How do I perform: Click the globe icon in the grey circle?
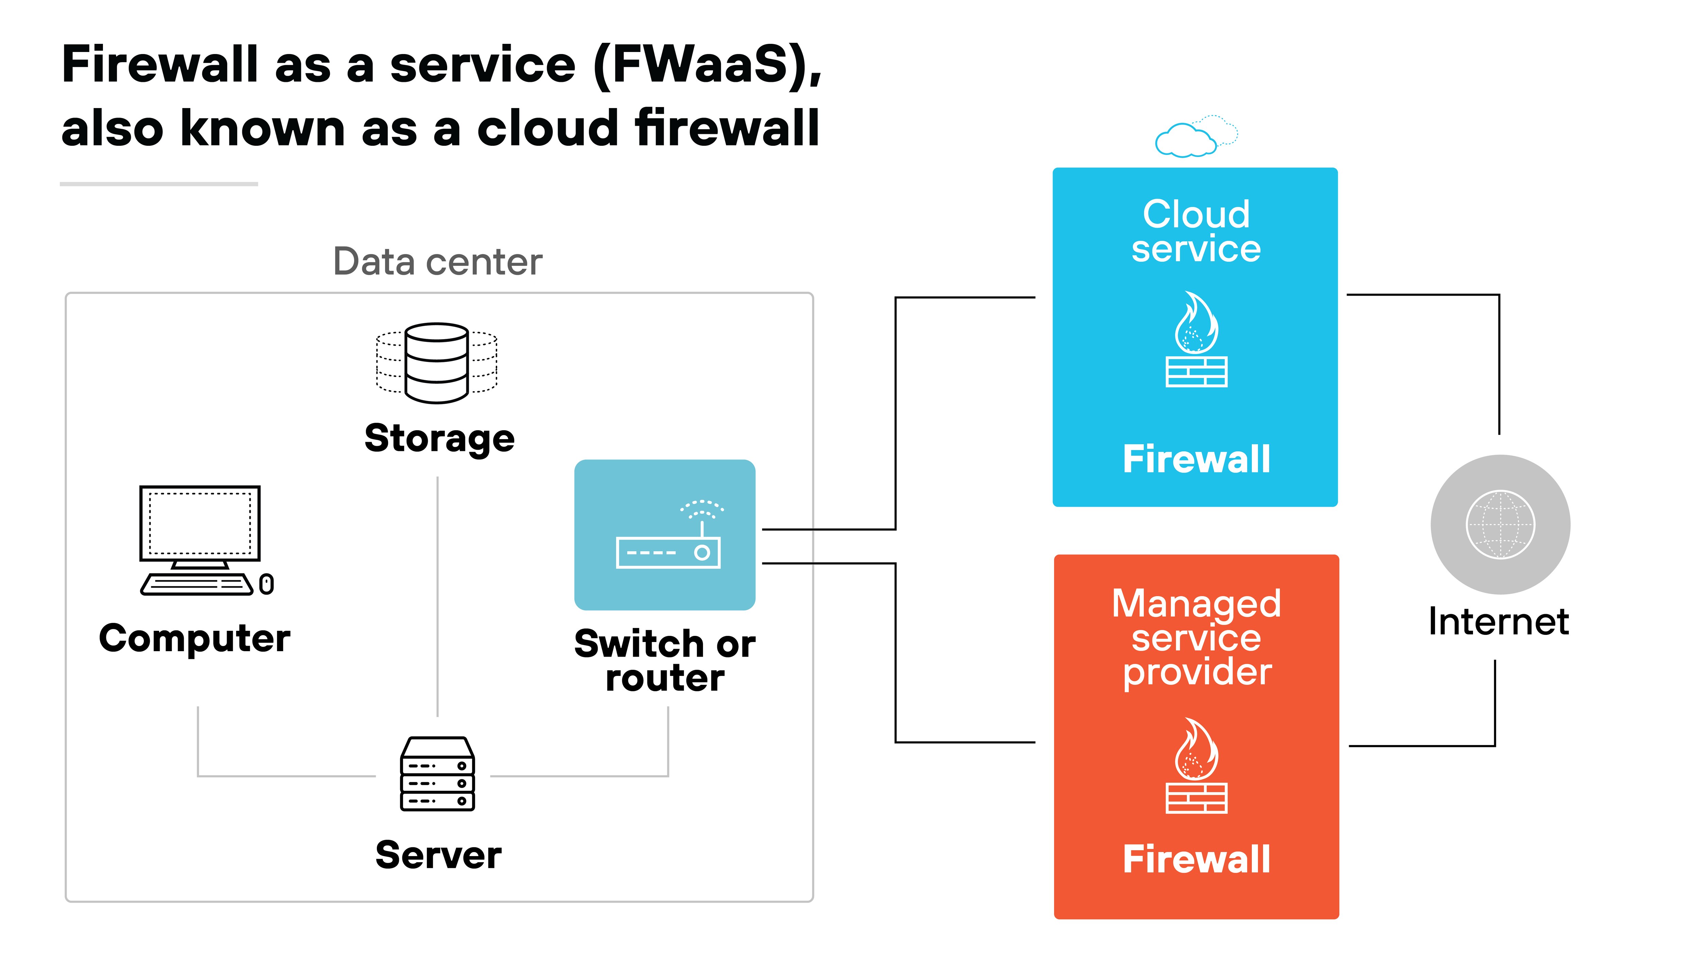(1500, 524)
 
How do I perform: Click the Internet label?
(1499, 622)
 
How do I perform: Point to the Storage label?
(439, 439)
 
